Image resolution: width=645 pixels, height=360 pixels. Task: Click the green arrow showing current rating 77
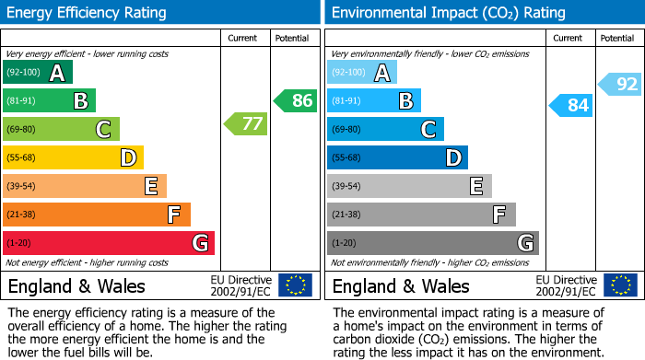click(x=245, y=123)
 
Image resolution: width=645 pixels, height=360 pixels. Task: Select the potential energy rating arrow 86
click(x=296, y=100)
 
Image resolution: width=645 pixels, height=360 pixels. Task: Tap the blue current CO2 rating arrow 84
click(x=570, y=105)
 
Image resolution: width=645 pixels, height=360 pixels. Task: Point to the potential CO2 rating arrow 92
click(x=620, y=85)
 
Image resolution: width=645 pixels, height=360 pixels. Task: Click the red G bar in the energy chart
click(x=109, y=243)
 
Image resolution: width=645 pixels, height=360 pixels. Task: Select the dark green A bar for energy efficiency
click(x=38, y=72)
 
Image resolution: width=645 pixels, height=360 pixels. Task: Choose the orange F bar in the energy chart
click(x=97, y=215)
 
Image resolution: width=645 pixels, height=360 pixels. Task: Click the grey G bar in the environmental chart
click(x=432, y=243)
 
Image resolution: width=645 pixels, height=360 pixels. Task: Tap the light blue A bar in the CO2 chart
click(x=362, y=72)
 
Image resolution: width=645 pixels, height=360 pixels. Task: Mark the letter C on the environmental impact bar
click(x=428, y=129)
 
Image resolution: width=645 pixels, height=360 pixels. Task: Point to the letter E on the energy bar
click(x=151, y=186)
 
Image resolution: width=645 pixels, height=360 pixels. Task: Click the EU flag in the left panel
click(x=295, y=285)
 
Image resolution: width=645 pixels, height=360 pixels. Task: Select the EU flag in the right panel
click(x=619, y=285)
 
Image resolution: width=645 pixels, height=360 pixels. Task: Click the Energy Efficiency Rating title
click(x=88, y=13)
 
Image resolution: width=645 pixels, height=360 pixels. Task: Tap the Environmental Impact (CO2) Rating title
click(x=448, y=13)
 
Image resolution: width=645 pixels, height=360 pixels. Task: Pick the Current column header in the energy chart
click(x=244, y=38)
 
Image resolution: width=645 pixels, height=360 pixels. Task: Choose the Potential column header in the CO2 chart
click(x=616, y=38)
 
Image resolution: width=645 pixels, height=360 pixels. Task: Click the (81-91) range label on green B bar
click(x=22, y=100)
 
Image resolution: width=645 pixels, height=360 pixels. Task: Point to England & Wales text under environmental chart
click(x=401, y=285)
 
